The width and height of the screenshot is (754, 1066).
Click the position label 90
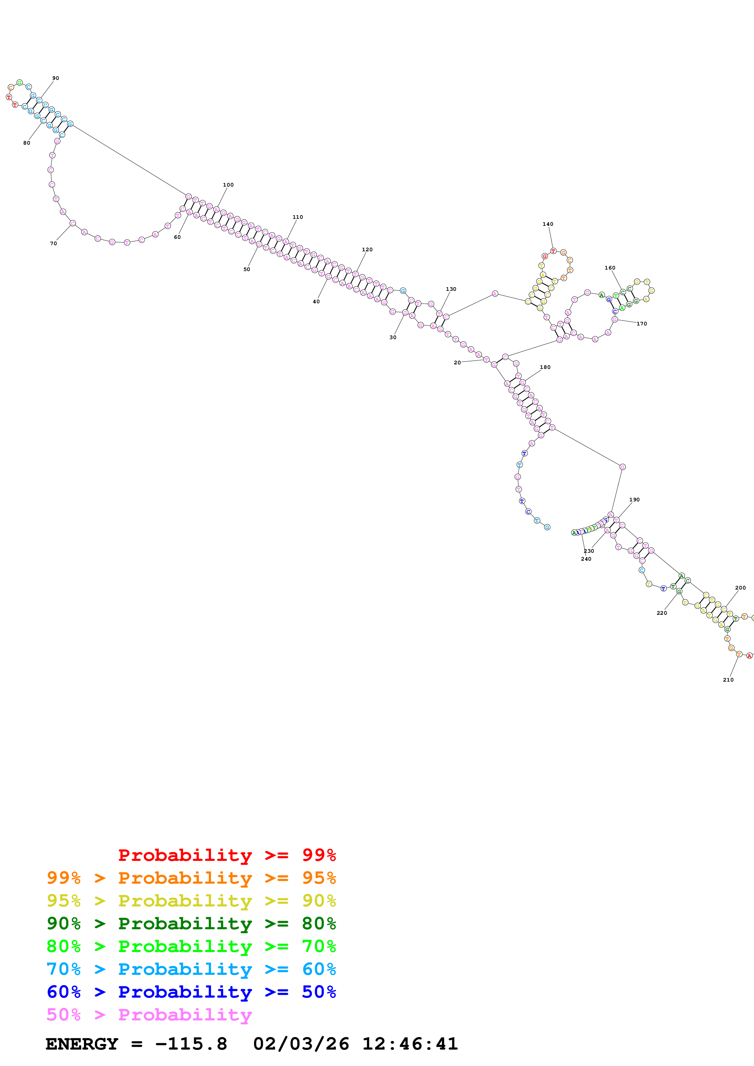[x=56, y=78]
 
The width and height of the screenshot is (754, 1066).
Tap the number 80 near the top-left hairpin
[x=26, y=143]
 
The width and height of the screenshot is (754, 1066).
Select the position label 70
[x=54, y=243]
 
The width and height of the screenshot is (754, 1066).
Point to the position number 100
[x=228, y=185]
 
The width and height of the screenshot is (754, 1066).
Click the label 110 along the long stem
[x=298, y=217]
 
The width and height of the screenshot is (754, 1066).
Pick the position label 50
[x=247, y=269]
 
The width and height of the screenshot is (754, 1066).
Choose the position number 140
[x=548, y=224]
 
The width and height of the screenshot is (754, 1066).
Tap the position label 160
[x=610, y=268]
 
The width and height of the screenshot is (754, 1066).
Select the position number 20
[x=457, y=363]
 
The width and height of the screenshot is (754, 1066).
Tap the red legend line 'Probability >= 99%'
[x=227, y=855]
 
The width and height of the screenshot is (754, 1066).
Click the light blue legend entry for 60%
[x=191, y=969]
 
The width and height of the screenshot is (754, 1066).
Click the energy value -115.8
[x=191, y=1044]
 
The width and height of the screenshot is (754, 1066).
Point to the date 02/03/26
[x=301, y=1044]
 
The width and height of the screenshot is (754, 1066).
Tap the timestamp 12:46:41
[x=410, y=1044]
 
